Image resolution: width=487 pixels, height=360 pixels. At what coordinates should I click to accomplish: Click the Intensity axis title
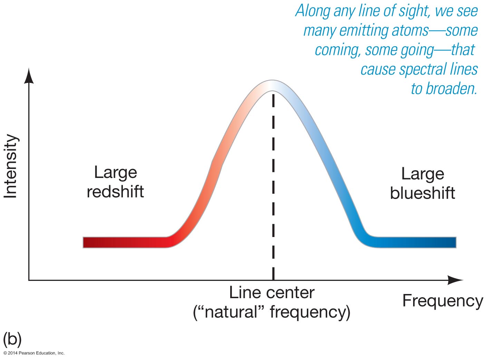pos(10,166)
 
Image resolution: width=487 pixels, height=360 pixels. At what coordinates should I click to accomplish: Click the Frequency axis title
pos(442,301)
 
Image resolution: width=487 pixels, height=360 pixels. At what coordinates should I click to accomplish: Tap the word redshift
pos(115,192)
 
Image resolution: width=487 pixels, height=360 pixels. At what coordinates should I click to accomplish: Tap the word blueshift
pos(422,193)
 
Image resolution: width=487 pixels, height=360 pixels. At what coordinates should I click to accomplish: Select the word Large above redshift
pos(116,172)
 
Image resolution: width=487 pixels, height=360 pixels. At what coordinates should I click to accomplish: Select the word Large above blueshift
pos(422,174)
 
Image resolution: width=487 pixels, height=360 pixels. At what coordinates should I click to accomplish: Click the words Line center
pos(272,293)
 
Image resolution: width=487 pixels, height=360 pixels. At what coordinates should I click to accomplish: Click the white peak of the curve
pos(273,85)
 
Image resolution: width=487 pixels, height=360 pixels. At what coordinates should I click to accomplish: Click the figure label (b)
pos(12,339)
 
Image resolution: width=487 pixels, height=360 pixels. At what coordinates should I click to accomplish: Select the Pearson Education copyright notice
pos(34,353)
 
